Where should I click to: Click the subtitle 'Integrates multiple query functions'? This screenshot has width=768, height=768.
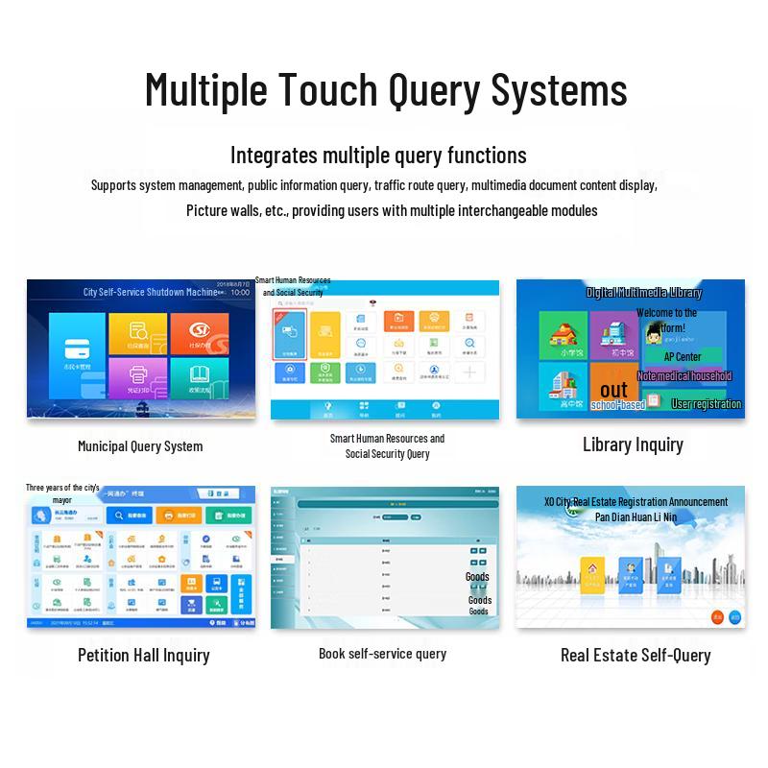tap(378, 156)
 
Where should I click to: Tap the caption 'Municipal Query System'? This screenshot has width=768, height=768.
tap(140, 445)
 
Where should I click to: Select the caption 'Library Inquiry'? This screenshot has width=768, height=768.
tap(633, 444)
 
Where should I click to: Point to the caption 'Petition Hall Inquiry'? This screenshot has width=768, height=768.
tap(143, 656)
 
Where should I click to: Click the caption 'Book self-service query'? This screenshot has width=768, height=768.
tap(382, 654)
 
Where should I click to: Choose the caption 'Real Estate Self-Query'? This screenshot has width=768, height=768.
tap(636, 656)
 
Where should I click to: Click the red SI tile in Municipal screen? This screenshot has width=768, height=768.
tap(200, 332)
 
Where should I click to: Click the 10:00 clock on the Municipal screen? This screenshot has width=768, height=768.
tap(240, 292)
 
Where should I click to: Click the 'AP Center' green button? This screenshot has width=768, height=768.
tap(683, 357)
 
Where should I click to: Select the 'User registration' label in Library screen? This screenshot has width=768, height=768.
tap(706, 404)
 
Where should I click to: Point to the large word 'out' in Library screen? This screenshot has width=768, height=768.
tap(613, 390)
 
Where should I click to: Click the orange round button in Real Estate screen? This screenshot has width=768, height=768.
tap(716, 617)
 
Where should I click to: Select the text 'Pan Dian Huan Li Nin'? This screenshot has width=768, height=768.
tap(636, 516)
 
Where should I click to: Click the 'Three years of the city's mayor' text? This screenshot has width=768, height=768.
tap(62, 493)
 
